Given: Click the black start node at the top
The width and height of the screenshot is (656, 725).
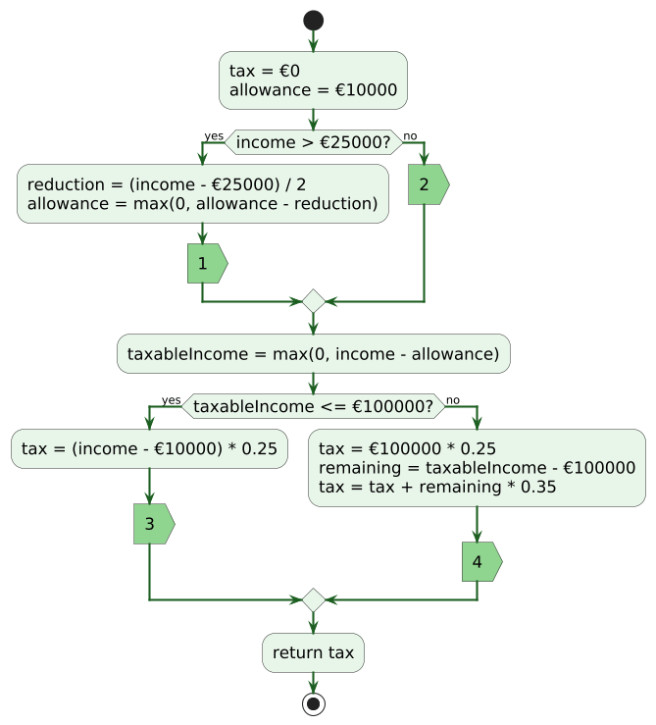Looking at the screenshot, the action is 313,21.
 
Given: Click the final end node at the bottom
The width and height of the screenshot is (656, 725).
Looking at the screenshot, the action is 314,703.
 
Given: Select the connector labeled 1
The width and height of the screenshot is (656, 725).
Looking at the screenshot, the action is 207,264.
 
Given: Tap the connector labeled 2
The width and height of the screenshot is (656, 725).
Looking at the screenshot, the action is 429,184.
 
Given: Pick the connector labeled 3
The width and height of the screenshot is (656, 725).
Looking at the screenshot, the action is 154,524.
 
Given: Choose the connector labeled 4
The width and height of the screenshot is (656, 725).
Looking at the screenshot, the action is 482,562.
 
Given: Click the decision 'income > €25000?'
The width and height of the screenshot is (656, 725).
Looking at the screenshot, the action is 314,142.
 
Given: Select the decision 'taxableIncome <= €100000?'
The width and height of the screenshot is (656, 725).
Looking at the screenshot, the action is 314,406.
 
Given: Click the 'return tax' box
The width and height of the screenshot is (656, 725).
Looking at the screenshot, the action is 313,652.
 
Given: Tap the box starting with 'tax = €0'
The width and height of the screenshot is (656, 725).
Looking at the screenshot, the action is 313,80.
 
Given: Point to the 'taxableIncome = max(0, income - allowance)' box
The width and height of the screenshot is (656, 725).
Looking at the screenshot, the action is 314,354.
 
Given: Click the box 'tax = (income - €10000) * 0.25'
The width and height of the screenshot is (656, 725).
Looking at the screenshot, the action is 149,448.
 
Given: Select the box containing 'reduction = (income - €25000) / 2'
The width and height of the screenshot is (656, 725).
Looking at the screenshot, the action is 202,193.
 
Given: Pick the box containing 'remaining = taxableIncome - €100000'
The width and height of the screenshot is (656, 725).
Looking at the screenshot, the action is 477,468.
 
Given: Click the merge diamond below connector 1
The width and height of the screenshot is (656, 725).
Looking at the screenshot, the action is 314,301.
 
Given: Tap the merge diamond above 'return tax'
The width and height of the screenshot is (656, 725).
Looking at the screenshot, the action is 314,600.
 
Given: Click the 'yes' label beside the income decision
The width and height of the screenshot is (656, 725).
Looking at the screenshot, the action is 214,136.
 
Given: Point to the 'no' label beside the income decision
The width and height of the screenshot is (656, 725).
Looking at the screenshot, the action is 410,136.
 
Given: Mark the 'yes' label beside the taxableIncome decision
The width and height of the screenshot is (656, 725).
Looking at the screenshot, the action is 171,400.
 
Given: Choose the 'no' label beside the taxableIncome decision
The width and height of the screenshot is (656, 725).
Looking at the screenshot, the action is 453,400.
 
